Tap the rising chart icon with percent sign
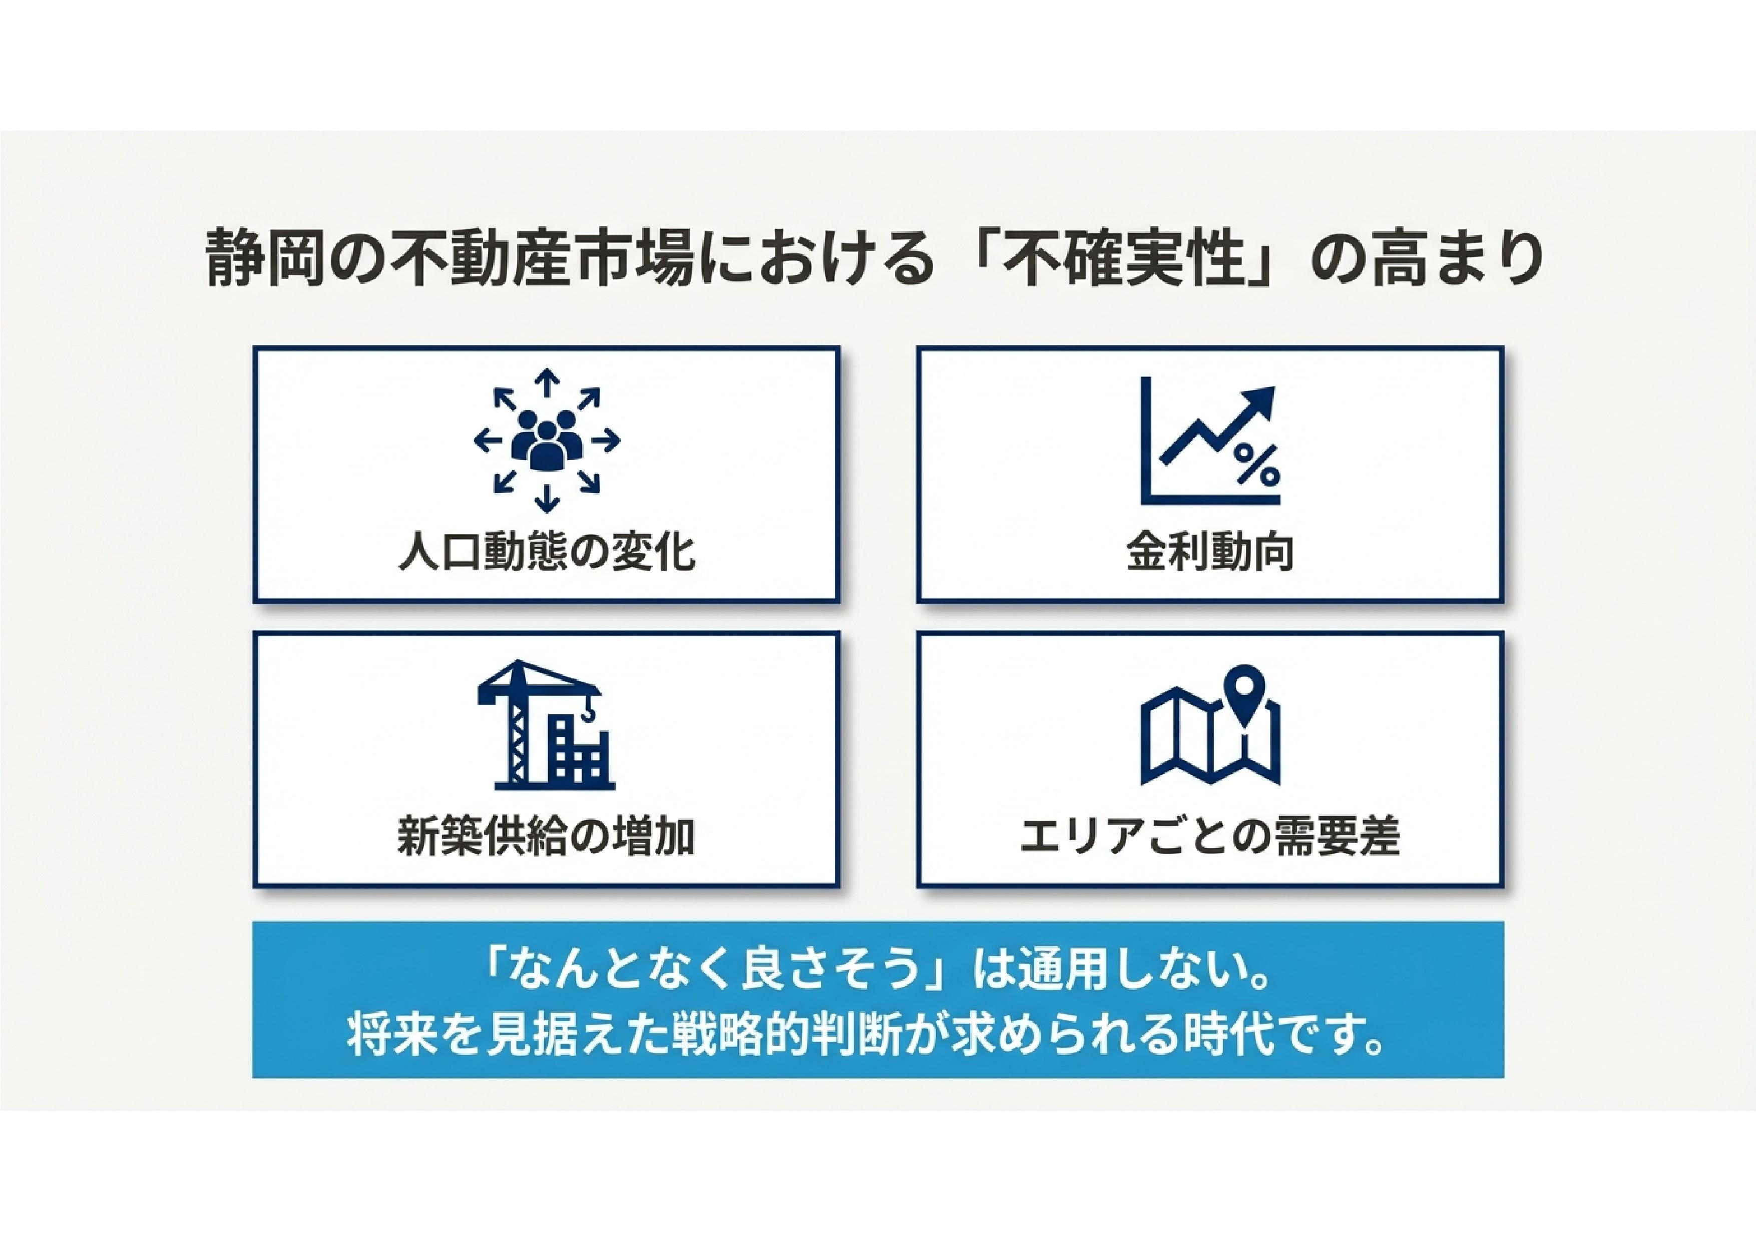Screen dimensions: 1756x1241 [1210, 441]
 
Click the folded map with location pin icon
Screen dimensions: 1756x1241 [1210, 724]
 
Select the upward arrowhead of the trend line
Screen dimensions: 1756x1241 [1259, 402]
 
